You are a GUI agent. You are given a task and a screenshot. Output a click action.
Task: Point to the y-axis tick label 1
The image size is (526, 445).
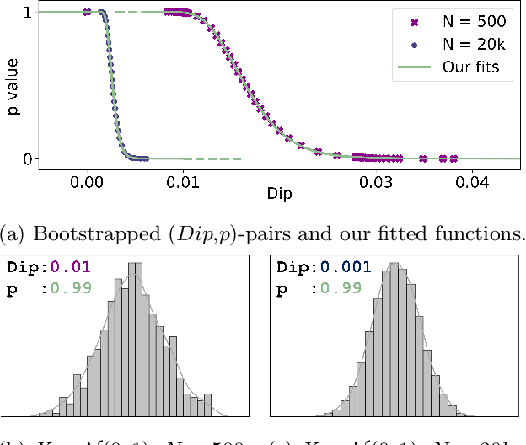pos(28,13)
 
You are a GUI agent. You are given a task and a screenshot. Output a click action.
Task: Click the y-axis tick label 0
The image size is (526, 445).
pos(28,158)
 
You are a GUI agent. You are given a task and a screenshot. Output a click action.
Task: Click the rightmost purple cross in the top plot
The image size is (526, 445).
pos(454,158)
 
